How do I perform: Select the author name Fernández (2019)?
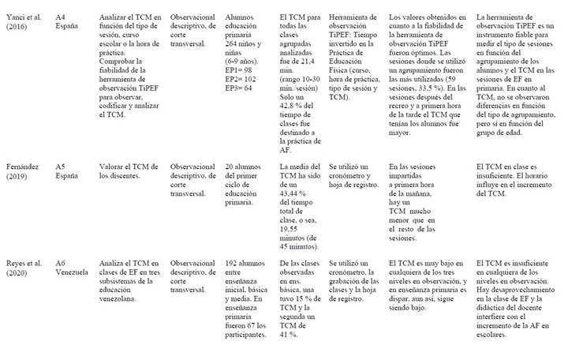click(24, 171)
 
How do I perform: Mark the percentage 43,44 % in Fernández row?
click(299, 192)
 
